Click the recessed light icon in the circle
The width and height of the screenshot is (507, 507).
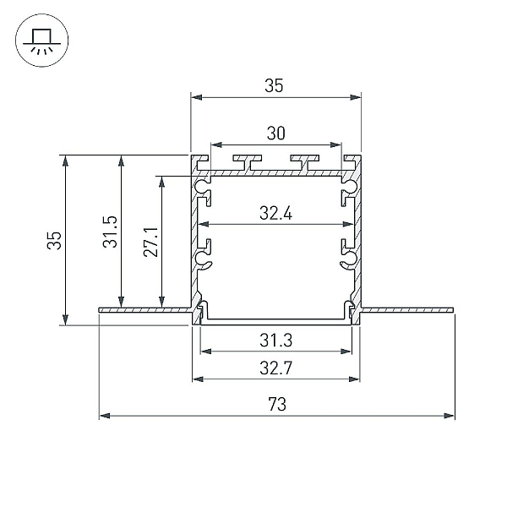(x=41, y=41)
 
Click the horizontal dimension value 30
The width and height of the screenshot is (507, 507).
(x=275, y=134)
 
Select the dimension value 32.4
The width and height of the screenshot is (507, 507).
(x=275, y=214)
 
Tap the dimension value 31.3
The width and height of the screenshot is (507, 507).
(x=275, y=341)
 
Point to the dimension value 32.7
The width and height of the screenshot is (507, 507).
(x=275, y=368)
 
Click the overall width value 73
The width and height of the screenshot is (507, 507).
(x=277, y=404)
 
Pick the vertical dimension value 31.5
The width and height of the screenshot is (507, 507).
(x=110, y=232)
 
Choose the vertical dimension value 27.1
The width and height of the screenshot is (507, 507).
(x=150, y=243)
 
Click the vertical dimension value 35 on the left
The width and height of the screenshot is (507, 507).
(x=54, y=241)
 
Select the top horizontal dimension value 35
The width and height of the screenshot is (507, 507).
(x=274, y=85)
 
